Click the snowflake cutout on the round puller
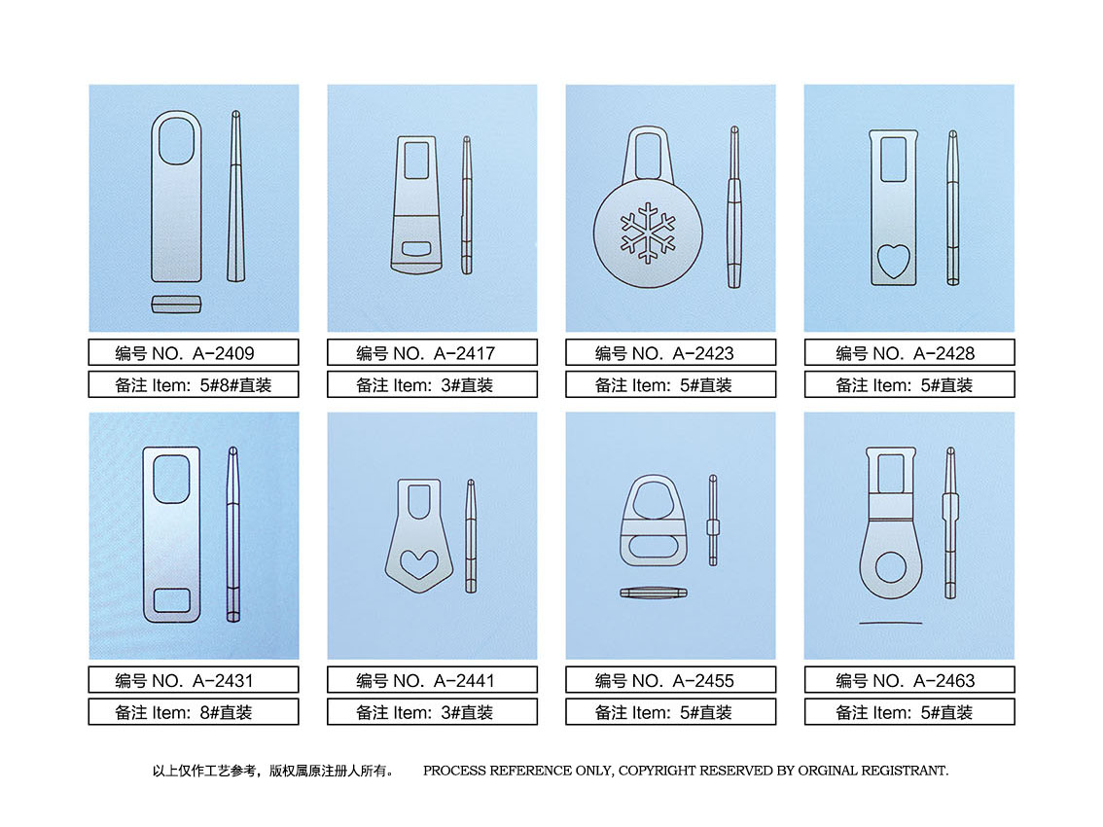(647, 233)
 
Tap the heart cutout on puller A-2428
(893, 261)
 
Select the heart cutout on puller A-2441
(419, 563)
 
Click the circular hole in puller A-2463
(891, 567)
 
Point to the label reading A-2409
(224, 353)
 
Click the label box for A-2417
(432, 352)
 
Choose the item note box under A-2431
(194, 711)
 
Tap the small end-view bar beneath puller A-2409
(177, 305)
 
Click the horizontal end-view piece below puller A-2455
(654, 593)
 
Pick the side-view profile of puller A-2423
(733, 207)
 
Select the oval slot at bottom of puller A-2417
(416, 248)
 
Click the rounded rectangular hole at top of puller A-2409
(176, 141)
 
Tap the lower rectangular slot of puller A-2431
(171, 600)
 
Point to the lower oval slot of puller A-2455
(654, 547)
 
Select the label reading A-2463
(944, 681)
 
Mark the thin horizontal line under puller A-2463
(891, 623)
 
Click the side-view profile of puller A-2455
(713, 521)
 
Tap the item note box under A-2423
(670, 384)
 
